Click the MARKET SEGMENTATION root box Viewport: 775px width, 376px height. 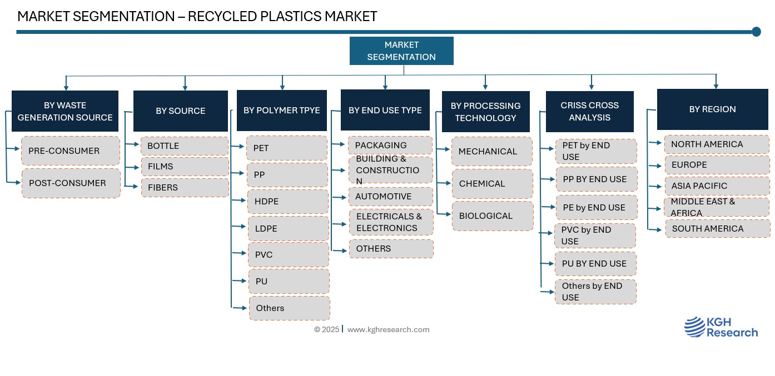click(401, 51)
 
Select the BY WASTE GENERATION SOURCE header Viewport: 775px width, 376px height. click(65, 111)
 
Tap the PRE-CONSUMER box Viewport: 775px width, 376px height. click(71, 151)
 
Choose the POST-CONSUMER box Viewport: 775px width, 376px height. click(71, 183)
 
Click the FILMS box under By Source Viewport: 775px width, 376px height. click(185, 167)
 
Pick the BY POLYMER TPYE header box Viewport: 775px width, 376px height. click(282, 110)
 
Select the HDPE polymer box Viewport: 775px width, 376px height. click(288, 202)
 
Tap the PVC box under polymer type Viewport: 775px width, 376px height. click(288, 254)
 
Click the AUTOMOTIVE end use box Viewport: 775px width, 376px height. click(391, 197)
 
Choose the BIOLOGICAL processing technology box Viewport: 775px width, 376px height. click(492, 216)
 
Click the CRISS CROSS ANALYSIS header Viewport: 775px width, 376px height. click(589, 111)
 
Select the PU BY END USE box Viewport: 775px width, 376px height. click(595, 264)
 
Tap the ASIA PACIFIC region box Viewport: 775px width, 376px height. click(717, 186)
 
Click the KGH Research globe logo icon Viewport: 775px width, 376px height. click(694, 327)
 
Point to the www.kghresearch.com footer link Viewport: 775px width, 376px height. click(388, 329)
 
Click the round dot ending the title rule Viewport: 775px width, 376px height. click(756, 32)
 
